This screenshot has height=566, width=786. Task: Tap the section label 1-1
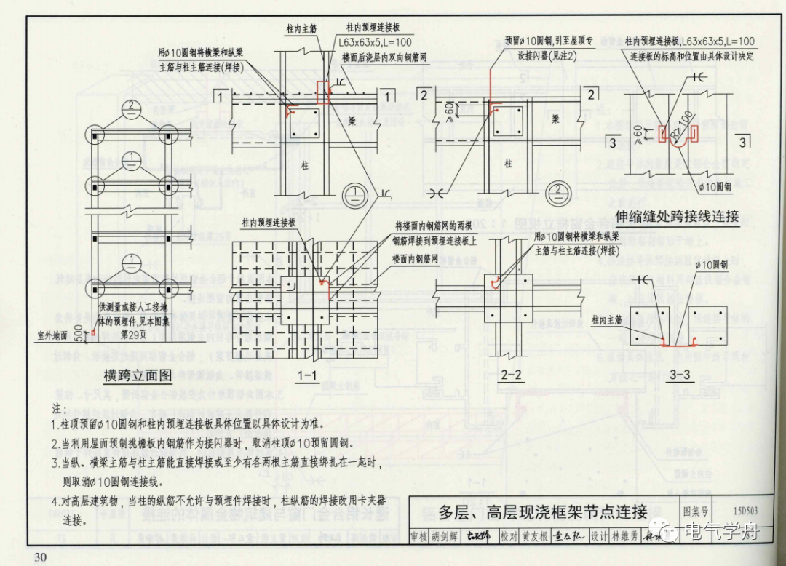[307, 375]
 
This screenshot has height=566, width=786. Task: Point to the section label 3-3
[679, 375]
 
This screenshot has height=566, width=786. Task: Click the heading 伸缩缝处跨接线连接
[677, 216]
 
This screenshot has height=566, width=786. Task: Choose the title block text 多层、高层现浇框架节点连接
[542, 511]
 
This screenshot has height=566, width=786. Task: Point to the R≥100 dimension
[683, 121]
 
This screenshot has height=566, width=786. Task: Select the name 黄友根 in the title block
[534, 537]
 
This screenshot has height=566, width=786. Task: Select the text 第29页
[134, 334]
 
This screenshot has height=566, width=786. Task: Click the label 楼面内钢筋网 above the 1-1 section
[420, 259]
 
